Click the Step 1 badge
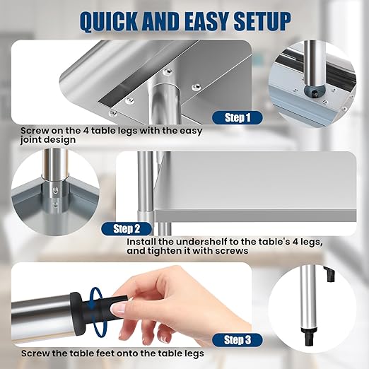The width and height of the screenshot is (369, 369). pos(237,117)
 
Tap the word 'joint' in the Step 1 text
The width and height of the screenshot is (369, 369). pos(35,140)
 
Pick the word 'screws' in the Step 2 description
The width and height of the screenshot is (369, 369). pos(230,251)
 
